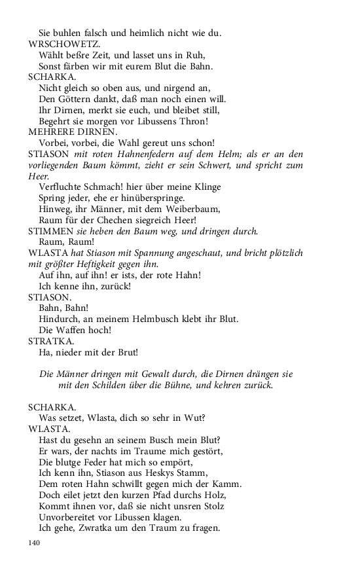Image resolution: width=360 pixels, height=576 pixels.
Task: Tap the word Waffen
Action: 73,330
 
